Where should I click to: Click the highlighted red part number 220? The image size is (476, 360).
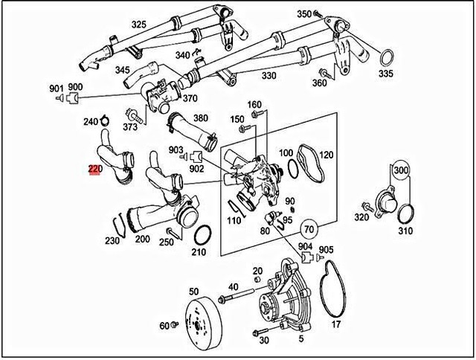coord(94,170)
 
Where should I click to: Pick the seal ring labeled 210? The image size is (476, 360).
coord(201,237)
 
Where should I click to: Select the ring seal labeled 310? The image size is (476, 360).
coord(406,214)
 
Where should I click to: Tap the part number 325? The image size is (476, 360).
coord(139,25)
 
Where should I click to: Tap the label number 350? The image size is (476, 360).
coord(304,14)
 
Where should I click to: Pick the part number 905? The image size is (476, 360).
coord(326,250)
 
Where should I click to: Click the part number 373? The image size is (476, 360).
coord(131,127)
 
